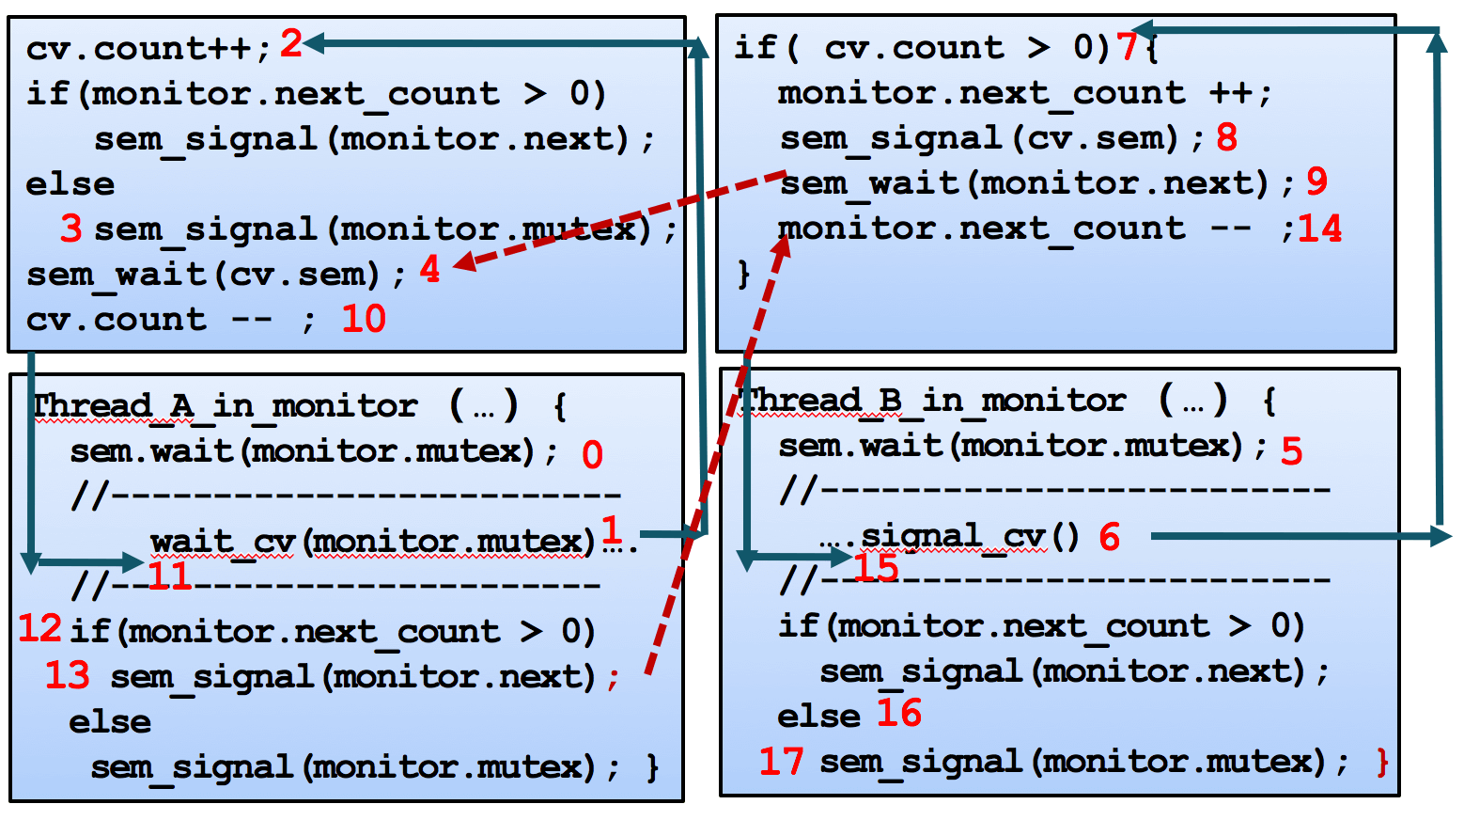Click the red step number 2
(x=291, y=43)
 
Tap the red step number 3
(x=71, y=229)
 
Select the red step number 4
(x=429, y=270)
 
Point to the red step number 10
(x=364, y=319)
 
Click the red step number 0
(x=592, y=455)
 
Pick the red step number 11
(x=170, y=576)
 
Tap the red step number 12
(x=40, y=628)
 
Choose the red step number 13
(x=68, y=675)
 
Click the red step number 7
(x=1127, y=45)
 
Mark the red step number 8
(x=1226, y=137)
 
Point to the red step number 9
(x=1317, y=181)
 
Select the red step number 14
(x=1320, y=229)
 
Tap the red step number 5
(x=1292, y=451)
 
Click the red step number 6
(x=1110, y=537)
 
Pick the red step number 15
(x=876, y=568)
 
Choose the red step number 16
(x=899, y=713)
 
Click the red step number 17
(x=782, y=761)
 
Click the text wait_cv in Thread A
(x=224, y=542)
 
